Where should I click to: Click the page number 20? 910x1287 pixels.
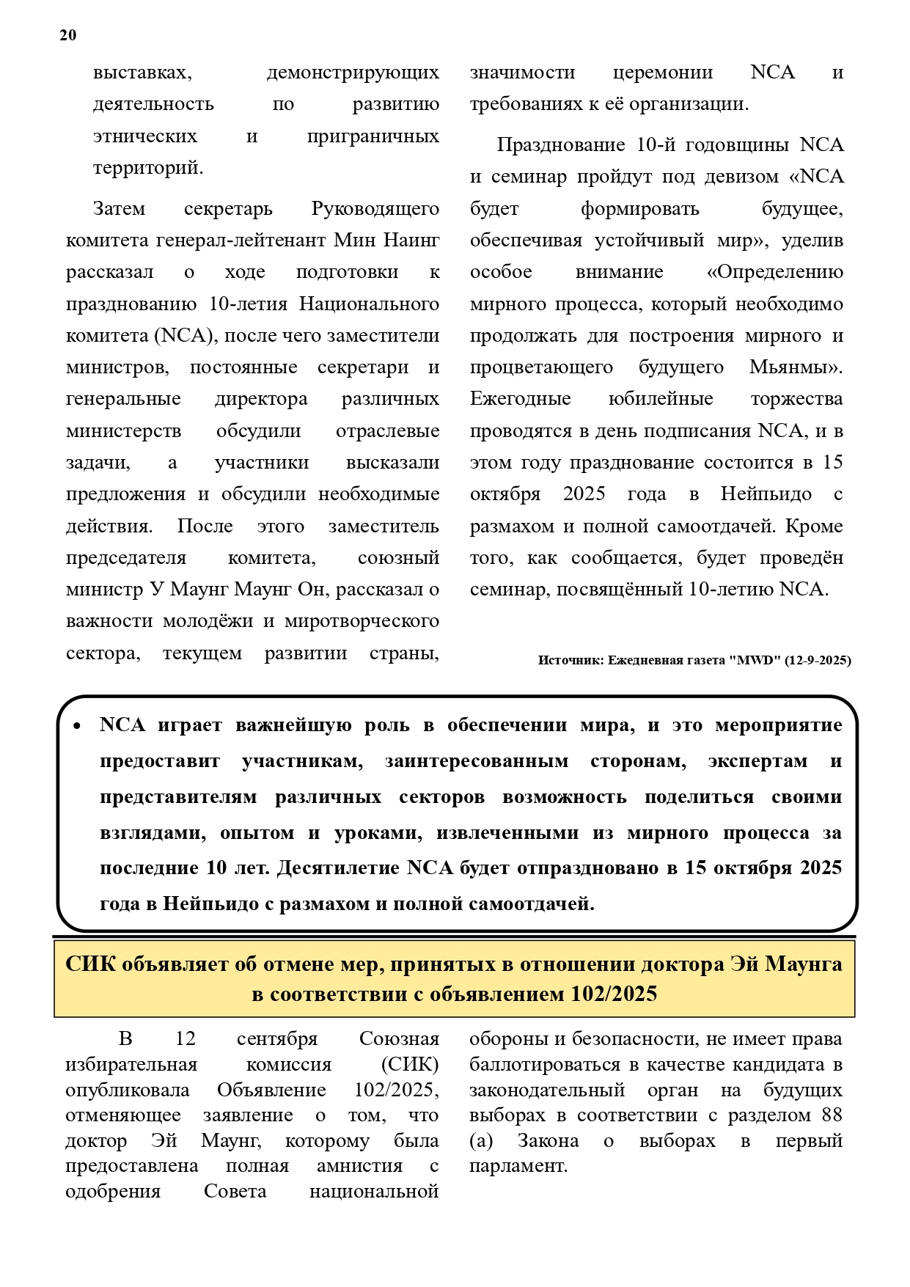(x=67, y=35)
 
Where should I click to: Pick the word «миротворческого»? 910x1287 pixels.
(x=362, y=621)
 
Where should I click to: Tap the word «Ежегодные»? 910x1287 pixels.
(x=520, y=399)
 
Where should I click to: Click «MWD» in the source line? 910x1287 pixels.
(x=755, y=661)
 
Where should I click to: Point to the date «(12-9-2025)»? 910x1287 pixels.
(x=818, y=661)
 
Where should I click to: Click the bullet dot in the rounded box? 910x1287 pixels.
(x=77, y=726)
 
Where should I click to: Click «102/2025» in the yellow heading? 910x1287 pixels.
(x=614, y=994)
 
